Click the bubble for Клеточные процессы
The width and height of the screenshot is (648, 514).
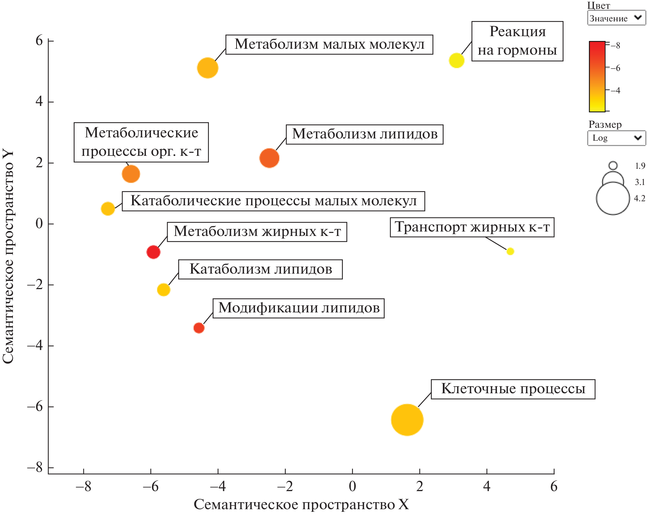tap(407, 420)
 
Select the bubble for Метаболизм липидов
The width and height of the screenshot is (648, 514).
tap(269, 158)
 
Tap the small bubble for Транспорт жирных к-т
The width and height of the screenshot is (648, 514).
tap(510, 251)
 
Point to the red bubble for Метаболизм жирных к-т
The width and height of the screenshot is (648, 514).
tap(153, 252)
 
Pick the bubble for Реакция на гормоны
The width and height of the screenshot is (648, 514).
tap(456, 60)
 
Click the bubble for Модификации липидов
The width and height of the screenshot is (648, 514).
tap(199, 328)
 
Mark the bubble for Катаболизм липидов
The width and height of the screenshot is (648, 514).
tap(163, 290)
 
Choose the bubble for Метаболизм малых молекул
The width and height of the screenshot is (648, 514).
tap(208, 68)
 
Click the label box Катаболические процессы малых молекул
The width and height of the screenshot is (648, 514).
tap(273, 201)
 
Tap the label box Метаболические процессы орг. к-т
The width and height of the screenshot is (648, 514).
tap(141, 142)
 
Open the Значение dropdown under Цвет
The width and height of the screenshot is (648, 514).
tap(616, 18)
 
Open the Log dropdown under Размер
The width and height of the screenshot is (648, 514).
tap(616, 138)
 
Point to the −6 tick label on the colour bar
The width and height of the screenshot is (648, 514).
tap(615, 68)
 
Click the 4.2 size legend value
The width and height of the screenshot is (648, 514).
tap(640, 199)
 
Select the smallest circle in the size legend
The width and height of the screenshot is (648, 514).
tap(613, 166)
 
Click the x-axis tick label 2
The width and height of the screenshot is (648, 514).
tap(420, 487)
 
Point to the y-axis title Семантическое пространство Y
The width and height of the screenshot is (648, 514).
tap(8, 257)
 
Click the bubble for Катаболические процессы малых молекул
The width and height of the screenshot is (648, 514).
tap(108, 209)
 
